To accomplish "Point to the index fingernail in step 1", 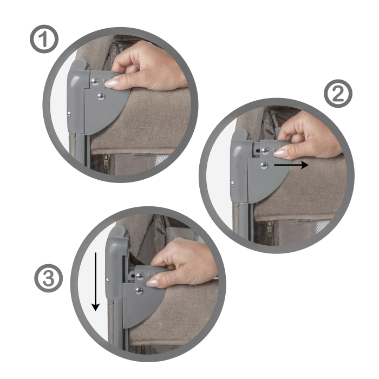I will pos(112,83).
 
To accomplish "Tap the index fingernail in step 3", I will pos(153,282).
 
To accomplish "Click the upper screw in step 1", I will pos(95,81).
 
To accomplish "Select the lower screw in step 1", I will pos(101,97).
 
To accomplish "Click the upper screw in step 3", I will pos(140,276).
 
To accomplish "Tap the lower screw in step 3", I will pos(139,291).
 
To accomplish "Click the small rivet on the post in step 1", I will pos(70,114).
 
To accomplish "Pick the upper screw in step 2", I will pos(265,150).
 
